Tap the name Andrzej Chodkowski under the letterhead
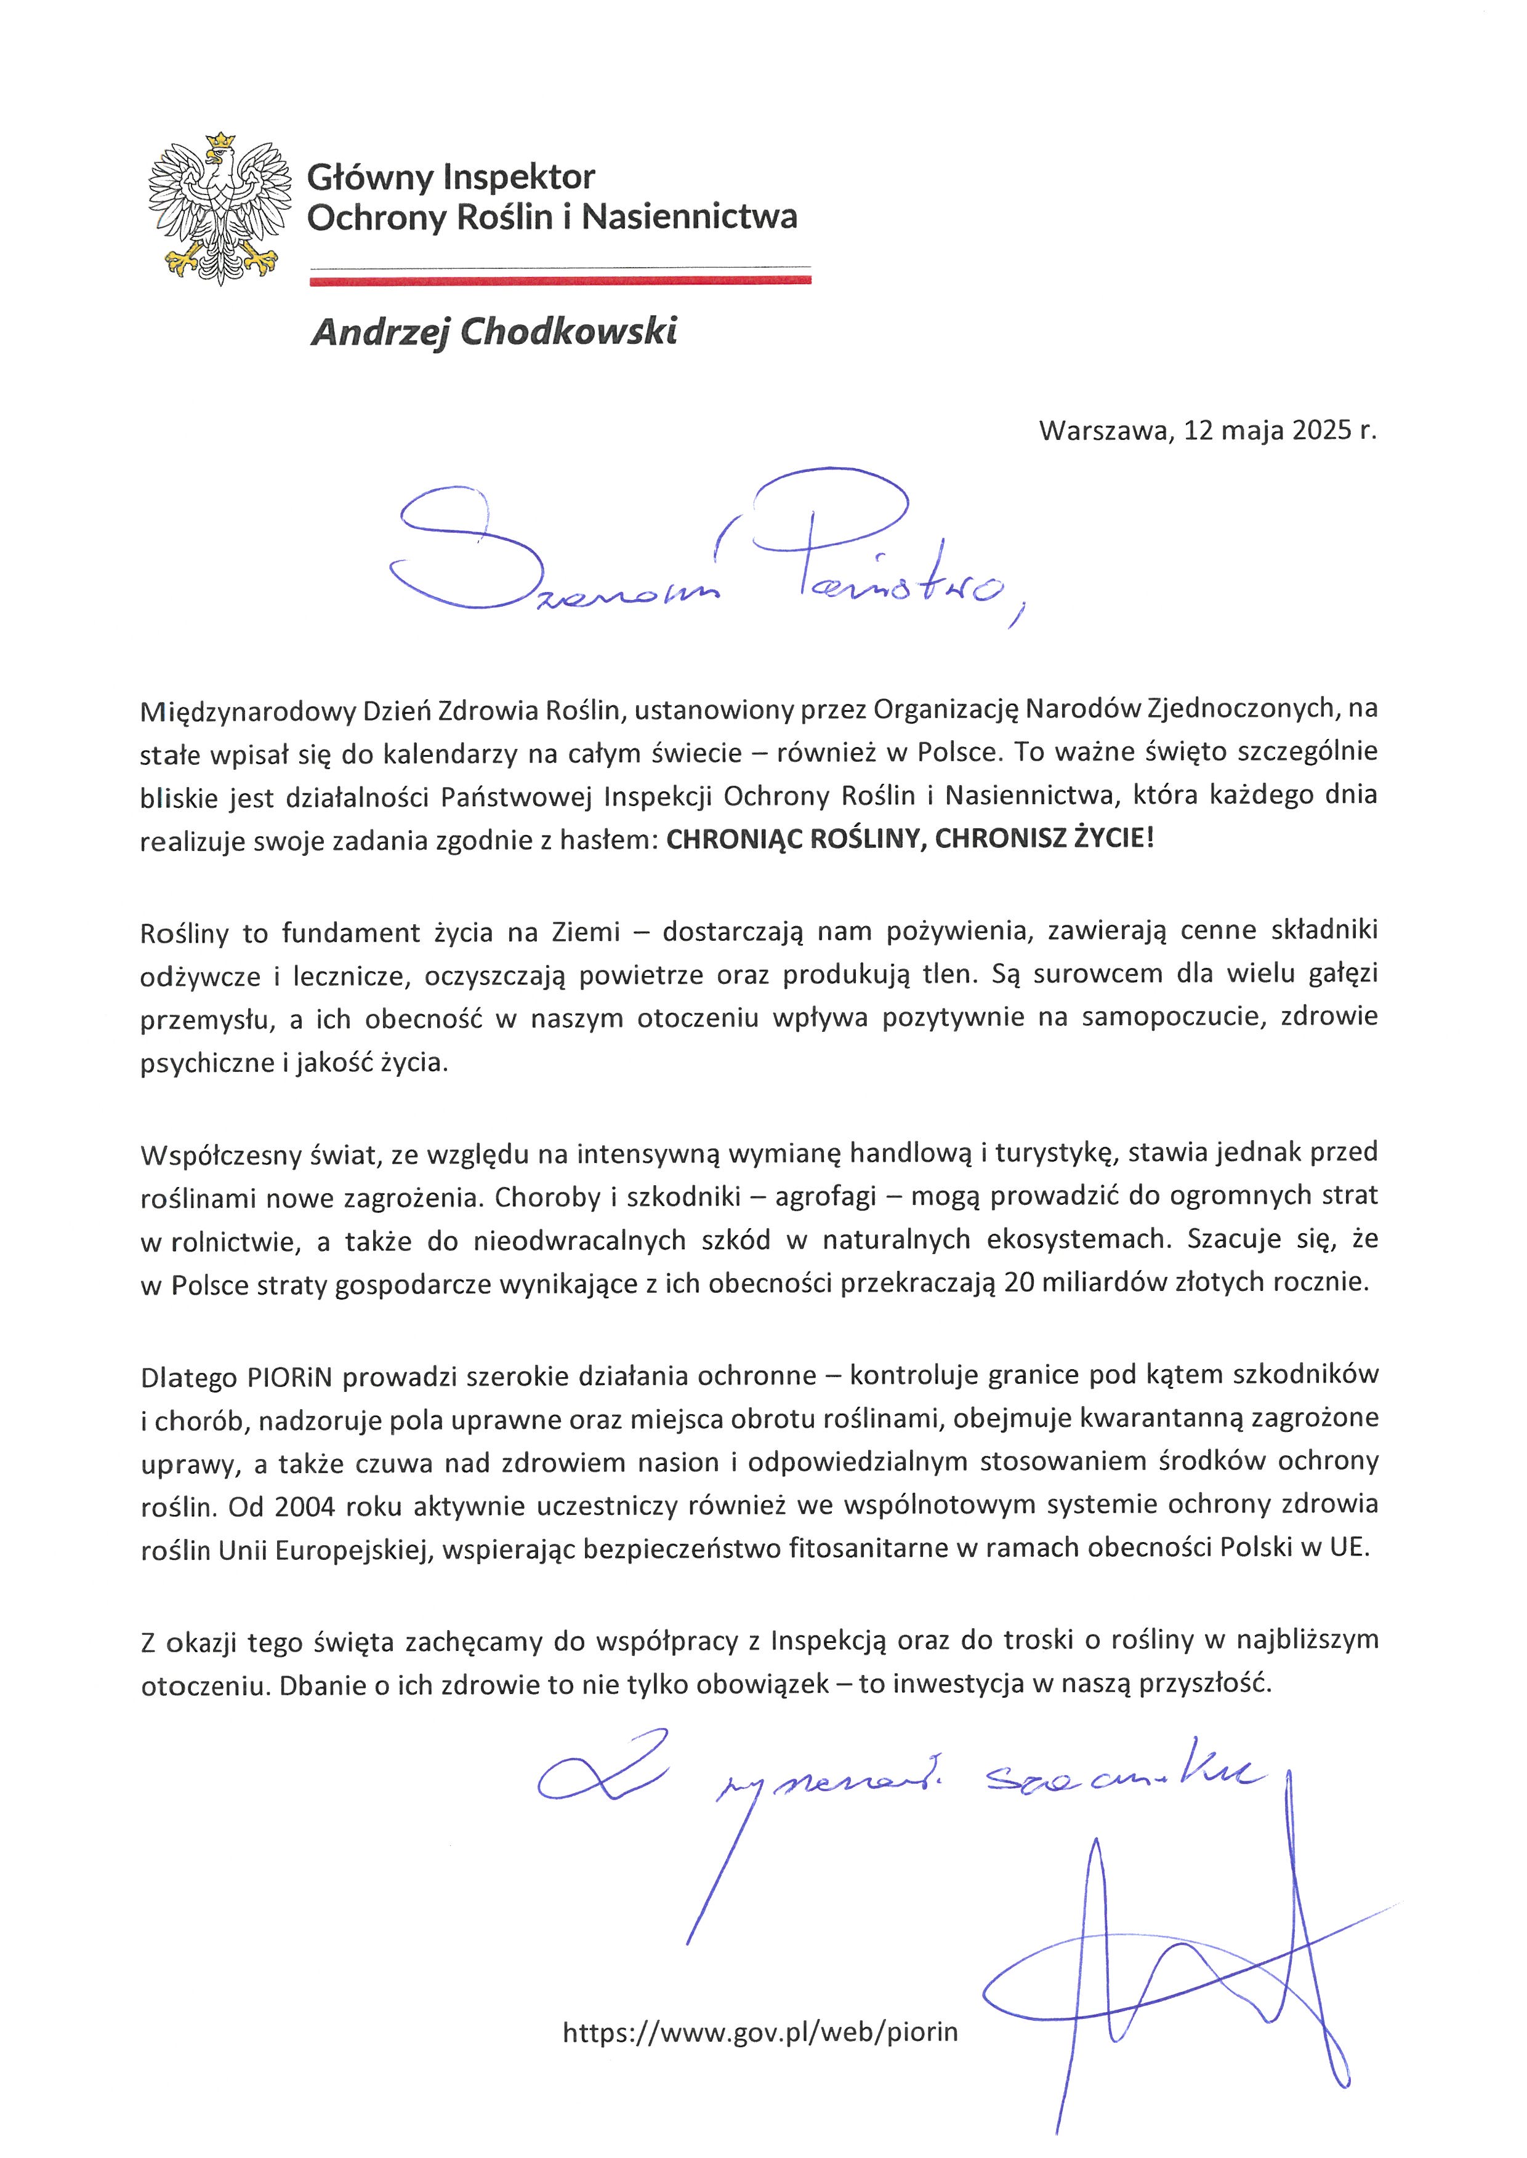coord(494,332)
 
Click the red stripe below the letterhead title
coord(560,279)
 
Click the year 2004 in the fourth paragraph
coord(305,1506)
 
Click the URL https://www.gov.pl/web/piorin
coord(760,2032)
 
